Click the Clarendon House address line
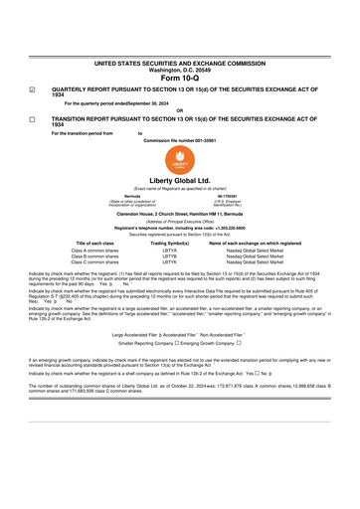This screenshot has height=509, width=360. [x=180, y=216]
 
